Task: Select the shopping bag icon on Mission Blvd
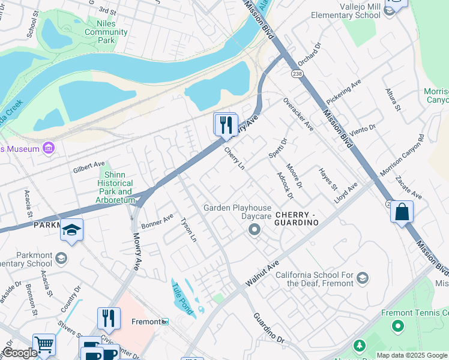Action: click(x=402, y=212)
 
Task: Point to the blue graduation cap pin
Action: click(x=71, y=230)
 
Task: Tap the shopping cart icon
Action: click(x=44, y=344)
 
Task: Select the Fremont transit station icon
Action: click(x=166, y=322)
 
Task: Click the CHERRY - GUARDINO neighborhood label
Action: click(x=295, y=218)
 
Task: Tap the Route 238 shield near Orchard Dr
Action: click(x=297, y=73)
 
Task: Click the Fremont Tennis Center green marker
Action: click(x=397, y=326)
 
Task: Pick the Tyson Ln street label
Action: click(x=188, y=229)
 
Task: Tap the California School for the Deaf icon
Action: click(x=363, y=277)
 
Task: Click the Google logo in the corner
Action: click(x=20, y=353)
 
